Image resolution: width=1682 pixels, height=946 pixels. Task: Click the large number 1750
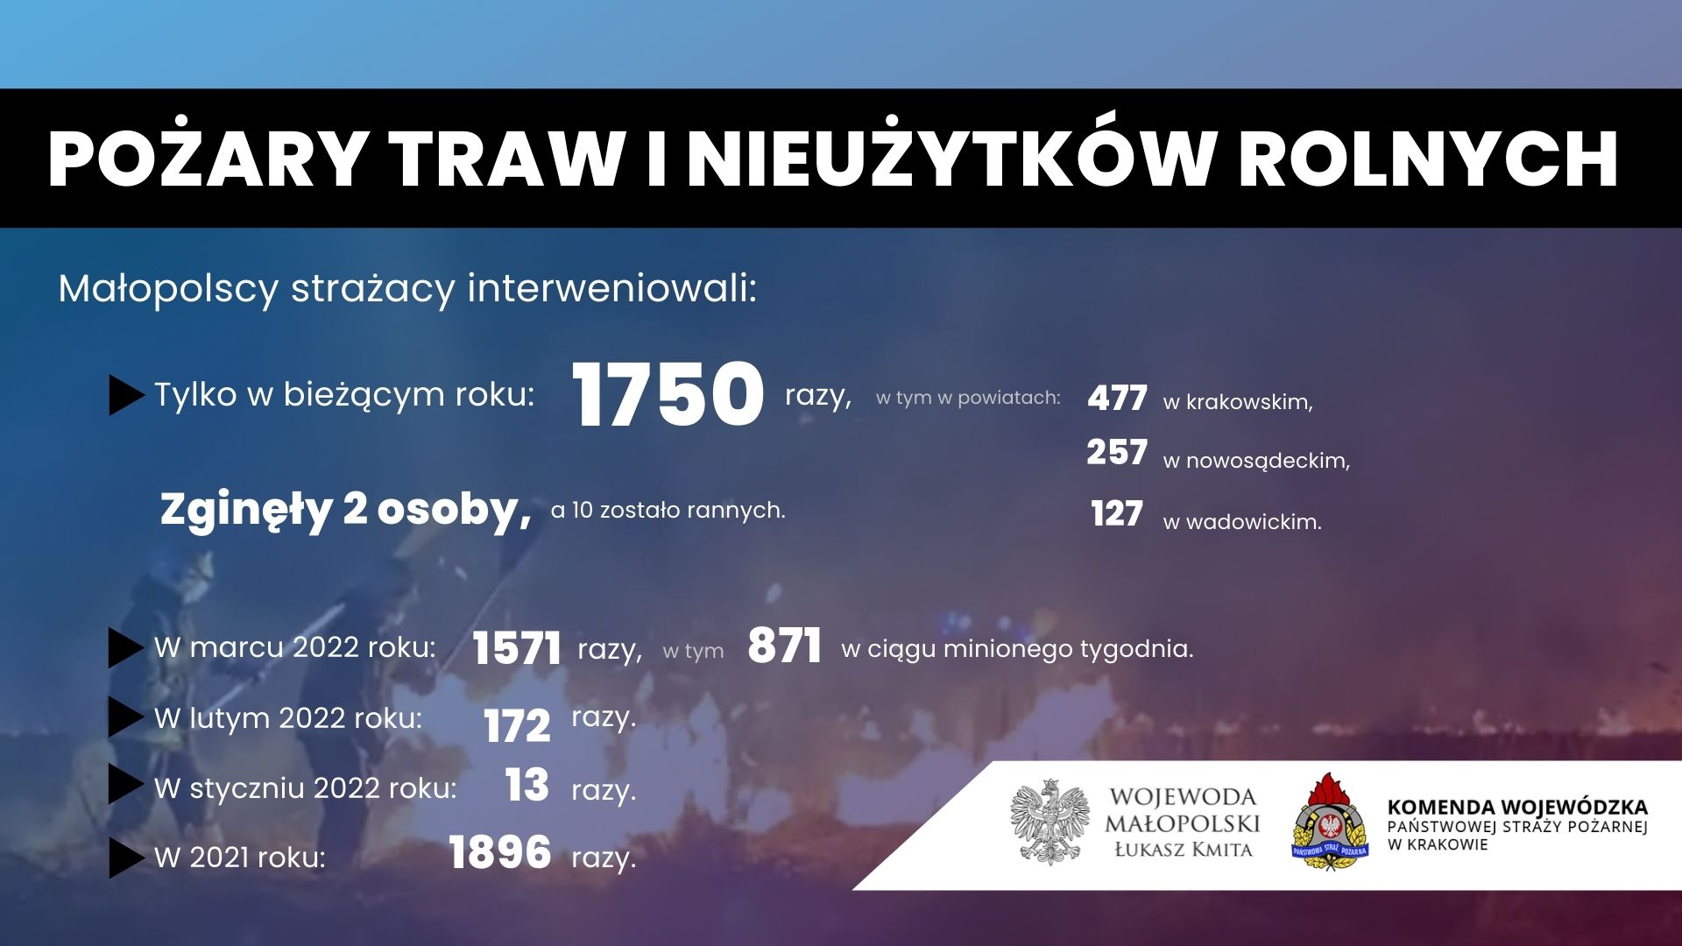click(668, 394)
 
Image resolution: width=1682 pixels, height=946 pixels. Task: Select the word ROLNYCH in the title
click(1428, 159)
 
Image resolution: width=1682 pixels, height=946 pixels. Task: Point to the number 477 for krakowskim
click(1117, 399)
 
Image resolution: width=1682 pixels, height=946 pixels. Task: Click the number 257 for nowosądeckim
click(1117, 452)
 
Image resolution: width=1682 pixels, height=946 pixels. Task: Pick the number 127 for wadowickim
click(1117, 513)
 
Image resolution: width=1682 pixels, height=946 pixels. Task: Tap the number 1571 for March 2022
click(516, 649)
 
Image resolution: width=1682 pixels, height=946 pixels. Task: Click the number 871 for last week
click(784, 646)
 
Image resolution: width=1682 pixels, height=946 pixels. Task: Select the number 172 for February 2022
click(517, 725)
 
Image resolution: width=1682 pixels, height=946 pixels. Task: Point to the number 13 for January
click(527, 785)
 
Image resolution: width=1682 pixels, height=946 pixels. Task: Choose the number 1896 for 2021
click(499, 852)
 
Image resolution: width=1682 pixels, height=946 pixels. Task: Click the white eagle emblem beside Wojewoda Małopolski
click(1049, 822)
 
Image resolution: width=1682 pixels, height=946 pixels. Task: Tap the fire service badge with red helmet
click(1330, 822)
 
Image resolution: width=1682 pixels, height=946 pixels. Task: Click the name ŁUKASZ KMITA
click(1184, 849)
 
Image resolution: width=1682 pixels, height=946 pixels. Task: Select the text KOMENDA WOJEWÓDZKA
click(1517, 807)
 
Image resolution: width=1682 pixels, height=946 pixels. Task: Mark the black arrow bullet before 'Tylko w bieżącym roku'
click(126, 395)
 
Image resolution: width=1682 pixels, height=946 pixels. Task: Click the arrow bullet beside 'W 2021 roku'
click(126, 858)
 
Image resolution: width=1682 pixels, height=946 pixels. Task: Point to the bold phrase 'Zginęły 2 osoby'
click(346, 510)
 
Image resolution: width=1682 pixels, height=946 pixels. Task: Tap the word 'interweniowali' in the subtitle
click(611, 288)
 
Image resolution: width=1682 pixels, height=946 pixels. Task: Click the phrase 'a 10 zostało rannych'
click(668, 510)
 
